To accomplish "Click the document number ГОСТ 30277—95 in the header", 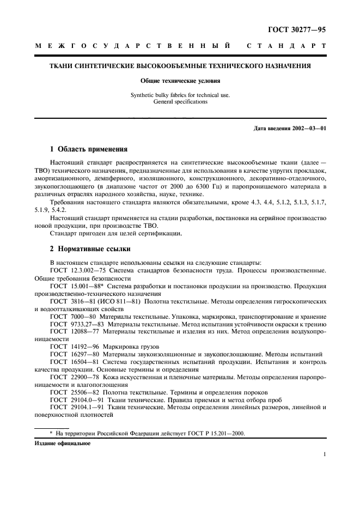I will coord(298,30).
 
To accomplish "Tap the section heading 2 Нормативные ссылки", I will coord(90,249).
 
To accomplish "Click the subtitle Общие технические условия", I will coord(180,81).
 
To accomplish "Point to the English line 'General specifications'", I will coord(180,102).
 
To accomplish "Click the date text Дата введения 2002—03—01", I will coord(290,129).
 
